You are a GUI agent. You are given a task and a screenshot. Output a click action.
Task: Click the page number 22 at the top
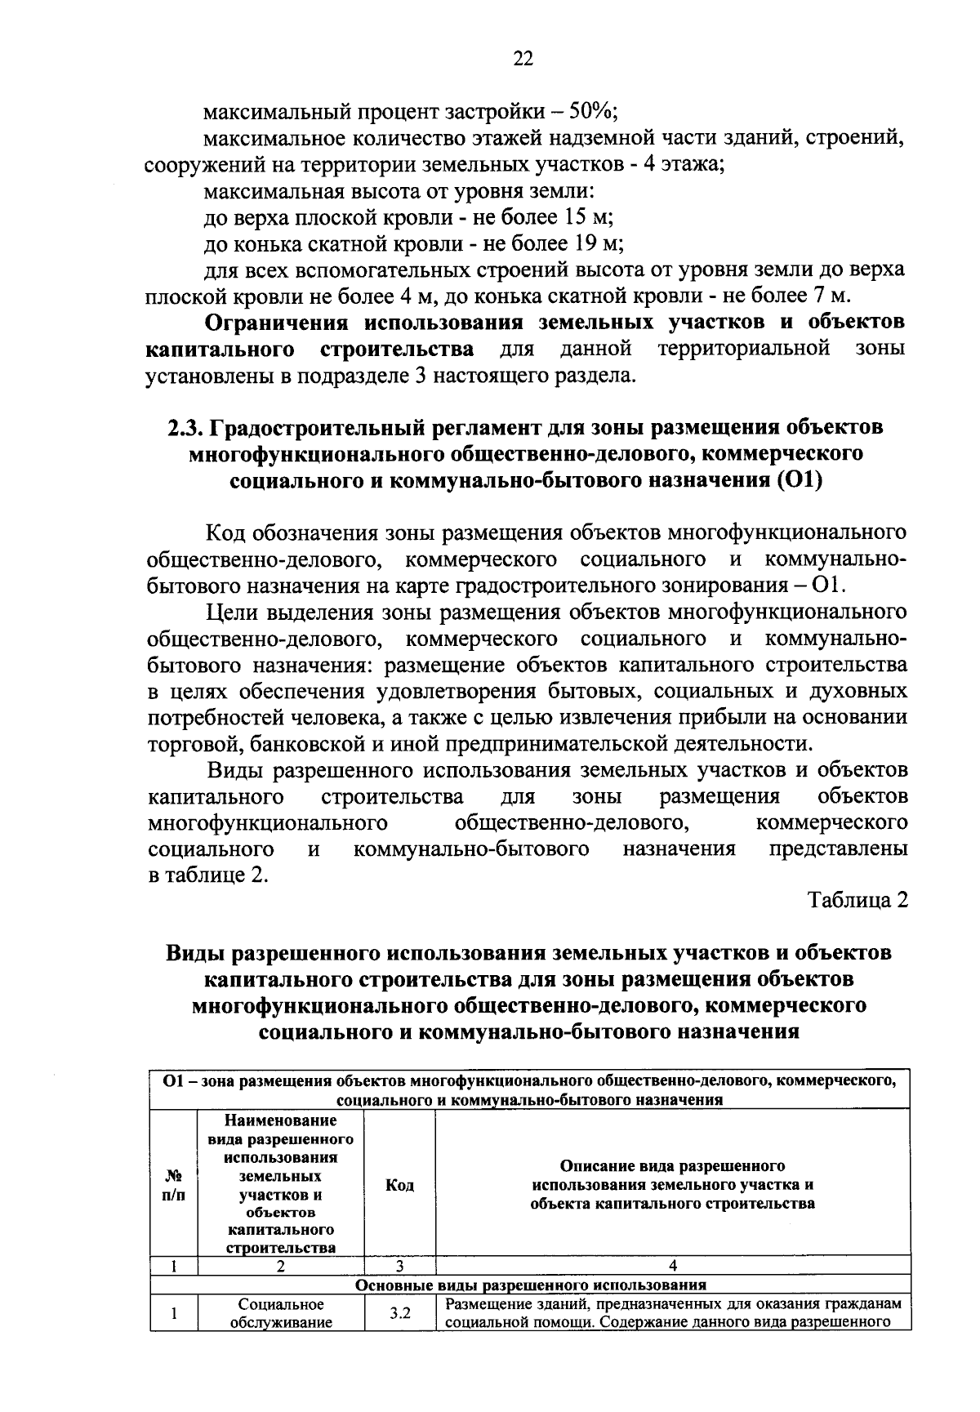coord(523,57)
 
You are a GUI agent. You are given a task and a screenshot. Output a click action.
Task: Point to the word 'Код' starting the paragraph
coord(226,533)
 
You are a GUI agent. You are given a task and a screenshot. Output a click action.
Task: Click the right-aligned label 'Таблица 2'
coord(857,900)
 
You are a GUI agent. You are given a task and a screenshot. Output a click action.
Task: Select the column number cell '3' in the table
coord(399,1267)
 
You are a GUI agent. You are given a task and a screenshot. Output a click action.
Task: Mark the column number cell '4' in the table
coord(672,1267)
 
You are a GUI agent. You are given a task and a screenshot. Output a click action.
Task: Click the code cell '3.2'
coord(399,1314)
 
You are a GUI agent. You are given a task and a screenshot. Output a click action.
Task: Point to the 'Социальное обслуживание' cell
coord(280,1314)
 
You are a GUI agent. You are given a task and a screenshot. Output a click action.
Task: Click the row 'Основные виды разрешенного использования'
coord(531,1285)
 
